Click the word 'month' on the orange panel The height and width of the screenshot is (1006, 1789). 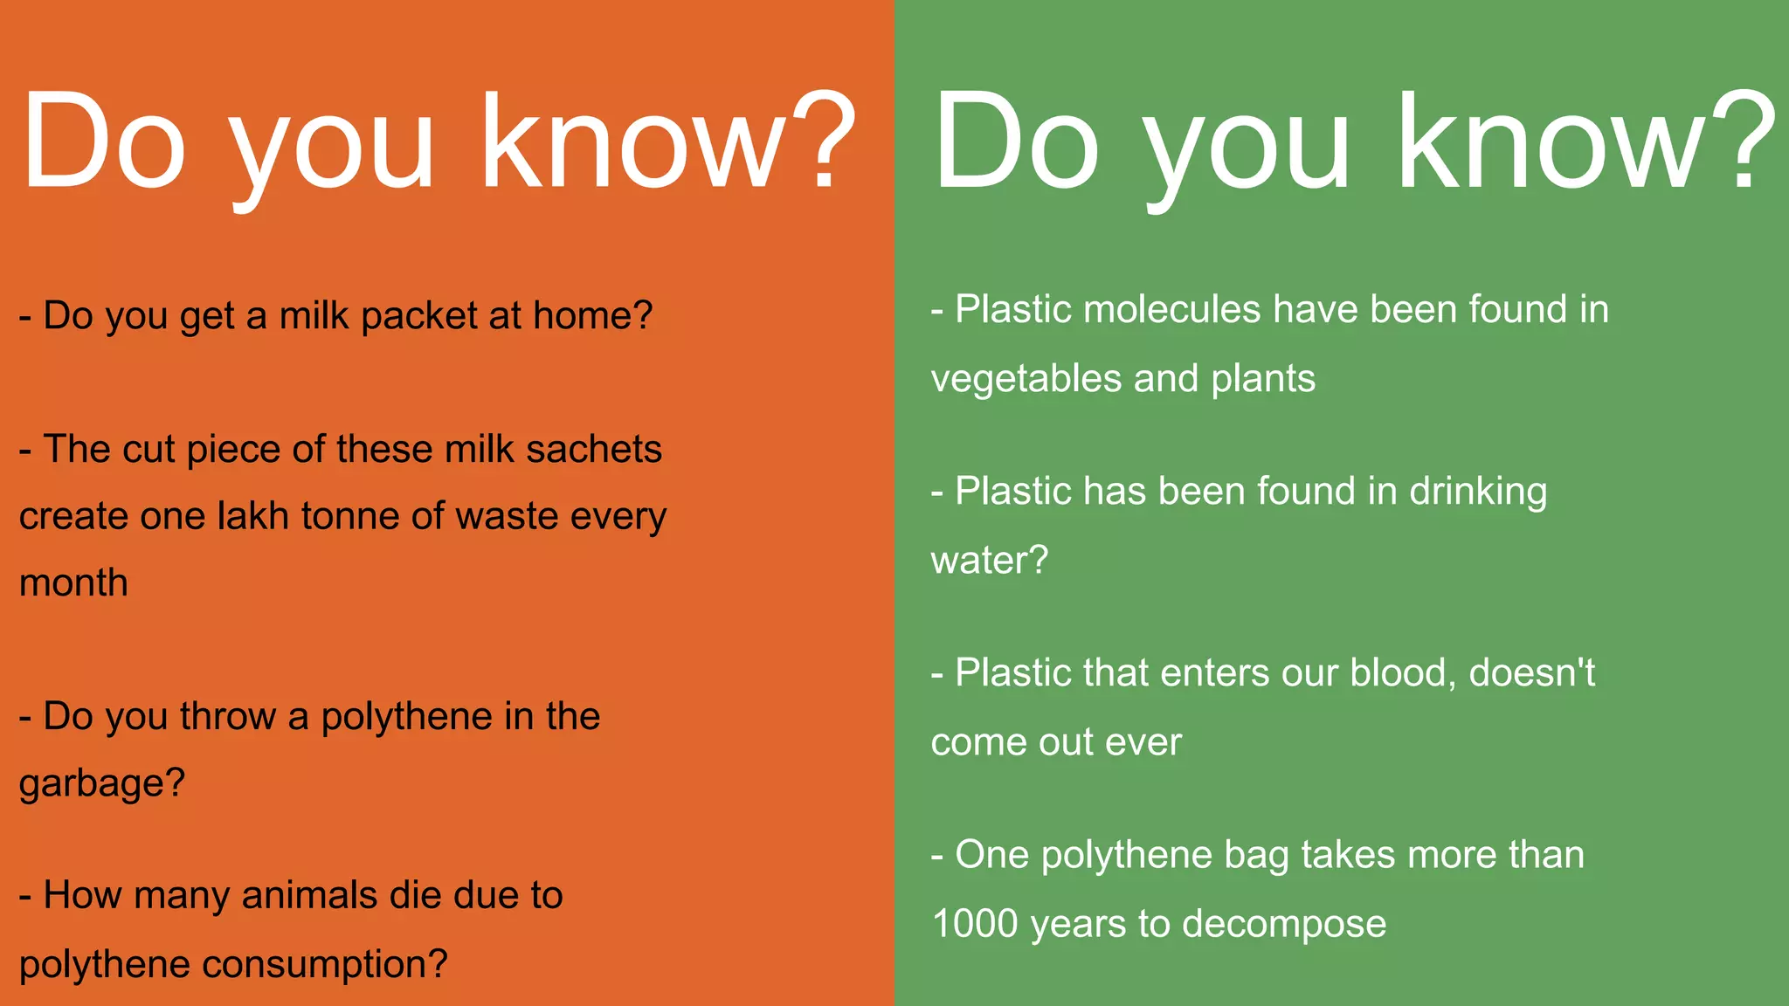(x=73, y=583)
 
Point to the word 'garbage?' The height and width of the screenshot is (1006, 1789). (x=102, y=783)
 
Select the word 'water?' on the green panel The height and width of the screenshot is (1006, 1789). (x=989, y=561)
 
